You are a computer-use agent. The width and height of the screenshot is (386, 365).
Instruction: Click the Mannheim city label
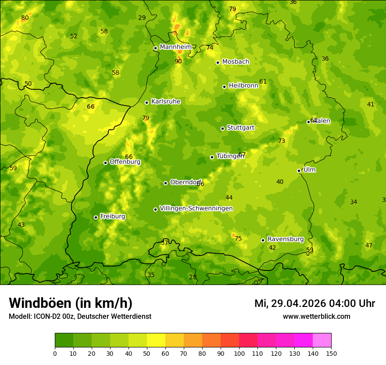click(x=176, y=47)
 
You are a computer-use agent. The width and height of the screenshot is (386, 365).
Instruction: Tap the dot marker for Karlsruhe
click(x=147, y=102)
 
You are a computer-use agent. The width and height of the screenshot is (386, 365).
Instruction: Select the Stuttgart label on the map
click(x=240, y=128)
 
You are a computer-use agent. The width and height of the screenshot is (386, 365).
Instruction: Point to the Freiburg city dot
click(x=96, y=217)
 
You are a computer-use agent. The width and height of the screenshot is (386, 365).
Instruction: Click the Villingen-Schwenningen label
click(x=196, y=208)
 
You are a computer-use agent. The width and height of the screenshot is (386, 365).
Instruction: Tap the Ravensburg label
click(x=286, y=239)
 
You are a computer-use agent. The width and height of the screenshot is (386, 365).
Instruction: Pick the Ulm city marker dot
click(x=299, y=171)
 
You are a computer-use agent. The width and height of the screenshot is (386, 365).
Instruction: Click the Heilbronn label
click(x=243, y=86)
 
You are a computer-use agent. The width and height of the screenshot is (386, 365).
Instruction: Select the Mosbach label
click(x=236, y=62)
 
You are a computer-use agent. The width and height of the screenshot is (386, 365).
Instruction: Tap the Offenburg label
click(x=125, y=162)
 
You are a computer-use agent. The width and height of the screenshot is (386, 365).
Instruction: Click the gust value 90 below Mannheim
click(x=178, y=61)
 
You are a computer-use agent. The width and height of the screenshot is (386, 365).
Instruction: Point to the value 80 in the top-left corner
click(x=25, y=18)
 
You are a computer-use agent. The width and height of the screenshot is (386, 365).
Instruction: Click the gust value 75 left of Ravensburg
click(x=238, y=238)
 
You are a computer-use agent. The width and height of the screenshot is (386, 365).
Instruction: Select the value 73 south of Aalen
click(x=282, y=141)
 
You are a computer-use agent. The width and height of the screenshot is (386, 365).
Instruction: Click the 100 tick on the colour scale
click(x=239, y=353)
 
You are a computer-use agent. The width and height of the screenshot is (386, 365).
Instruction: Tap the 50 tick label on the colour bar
click(x=147, y=353)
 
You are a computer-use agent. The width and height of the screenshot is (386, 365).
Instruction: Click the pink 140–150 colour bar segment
click(x=322, y=340)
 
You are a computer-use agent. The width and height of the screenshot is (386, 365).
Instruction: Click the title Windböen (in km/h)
click(x=71, y=303)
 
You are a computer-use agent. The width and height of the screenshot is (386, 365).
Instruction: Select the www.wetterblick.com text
click(x=316, y=316)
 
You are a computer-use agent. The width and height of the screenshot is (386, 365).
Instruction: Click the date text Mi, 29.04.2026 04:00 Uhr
click(x=315, y=303)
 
